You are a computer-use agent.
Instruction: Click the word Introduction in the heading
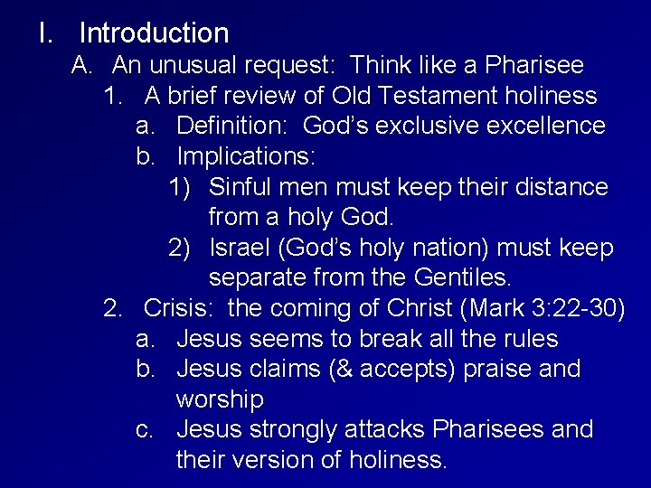[154, 33]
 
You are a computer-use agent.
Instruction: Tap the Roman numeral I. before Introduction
[44, 33]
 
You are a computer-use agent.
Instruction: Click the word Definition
[232, 126]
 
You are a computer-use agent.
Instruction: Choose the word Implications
[246, 156]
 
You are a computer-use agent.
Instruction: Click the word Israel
[241, 248]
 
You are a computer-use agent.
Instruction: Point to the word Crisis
[178, 308]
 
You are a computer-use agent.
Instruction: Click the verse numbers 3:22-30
[574, 308]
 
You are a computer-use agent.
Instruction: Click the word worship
[220, 399]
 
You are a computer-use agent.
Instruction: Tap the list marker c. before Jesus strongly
[146, 429]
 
